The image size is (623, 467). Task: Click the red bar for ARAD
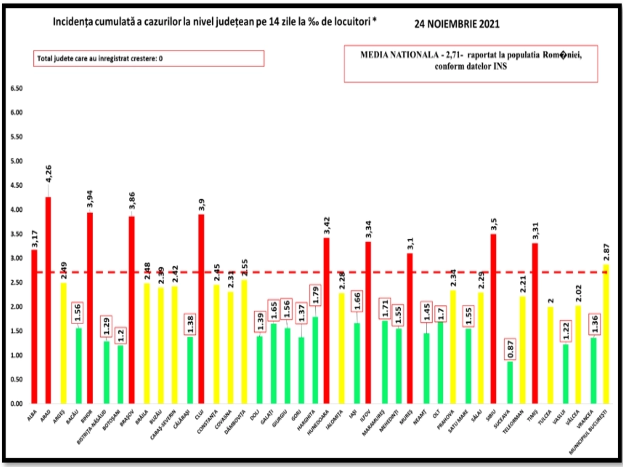pos(48,300)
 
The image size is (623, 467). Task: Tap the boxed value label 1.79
pos(316,295)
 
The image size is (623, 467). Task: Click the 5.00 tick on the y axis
pos(17,161)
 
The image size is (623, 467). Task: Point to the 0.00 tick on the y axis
pos(17,404)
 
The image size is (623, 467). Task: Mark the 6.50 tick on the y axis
pos(17,88)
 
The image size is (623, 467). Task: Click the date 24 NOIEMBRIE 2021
pos(456,24)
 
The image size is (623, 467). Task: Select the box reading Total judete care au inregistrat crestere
pos(148,59)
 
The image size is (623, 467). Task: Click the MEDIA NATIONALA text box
pos(470,63)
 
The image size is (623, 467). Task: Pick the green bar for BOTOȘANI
pos(121,374)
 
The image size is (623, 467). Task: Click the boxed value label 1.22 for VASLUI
pos(566,331)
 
